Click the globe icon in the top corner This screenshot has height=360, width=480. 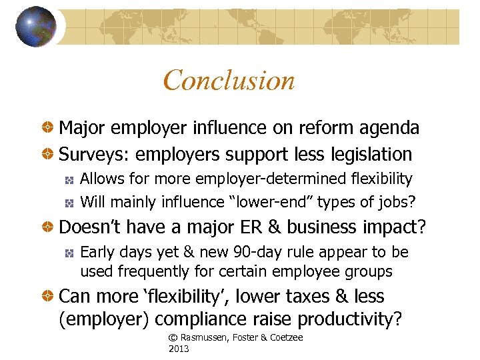tap(35, 27)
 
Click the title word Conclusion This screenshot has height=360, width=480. tap(229, 81)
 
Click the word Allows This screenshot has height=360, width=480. tap(99, 179)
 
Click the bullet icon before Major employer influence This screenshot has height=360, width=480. tap(48, 127)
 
